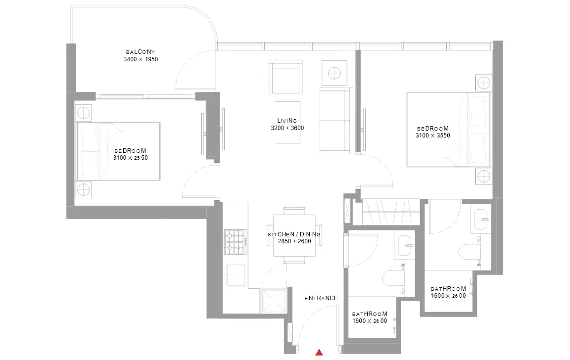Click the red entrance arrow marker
319,352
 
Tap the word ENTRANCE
321,298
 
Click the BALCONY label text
141,52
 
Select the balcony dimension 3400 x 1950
141,59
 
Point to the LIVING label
287,121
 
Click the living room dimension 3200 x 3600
287,128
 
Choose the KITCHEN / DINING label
294,234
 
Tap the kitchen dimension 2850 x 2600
294,241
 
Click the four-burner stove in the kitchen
235,242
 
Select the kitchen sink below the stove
236,275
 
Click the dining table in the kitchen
294,235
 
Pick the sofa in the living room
336,121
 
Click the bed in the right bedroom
449,130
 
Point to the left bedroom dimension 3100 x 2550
130,158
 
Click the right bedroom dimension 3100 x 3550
432,135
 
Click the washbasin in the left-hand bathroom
405,247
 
